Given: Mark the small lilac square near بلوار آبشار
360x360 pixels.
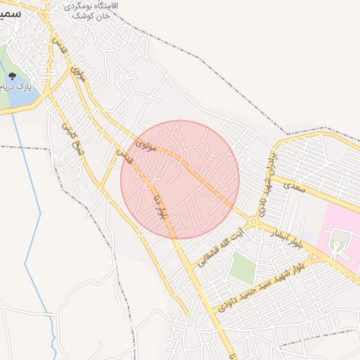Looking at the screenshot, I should point(307,236).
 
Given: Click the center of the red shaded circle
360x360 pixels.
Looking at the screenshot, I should point(180,179).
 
